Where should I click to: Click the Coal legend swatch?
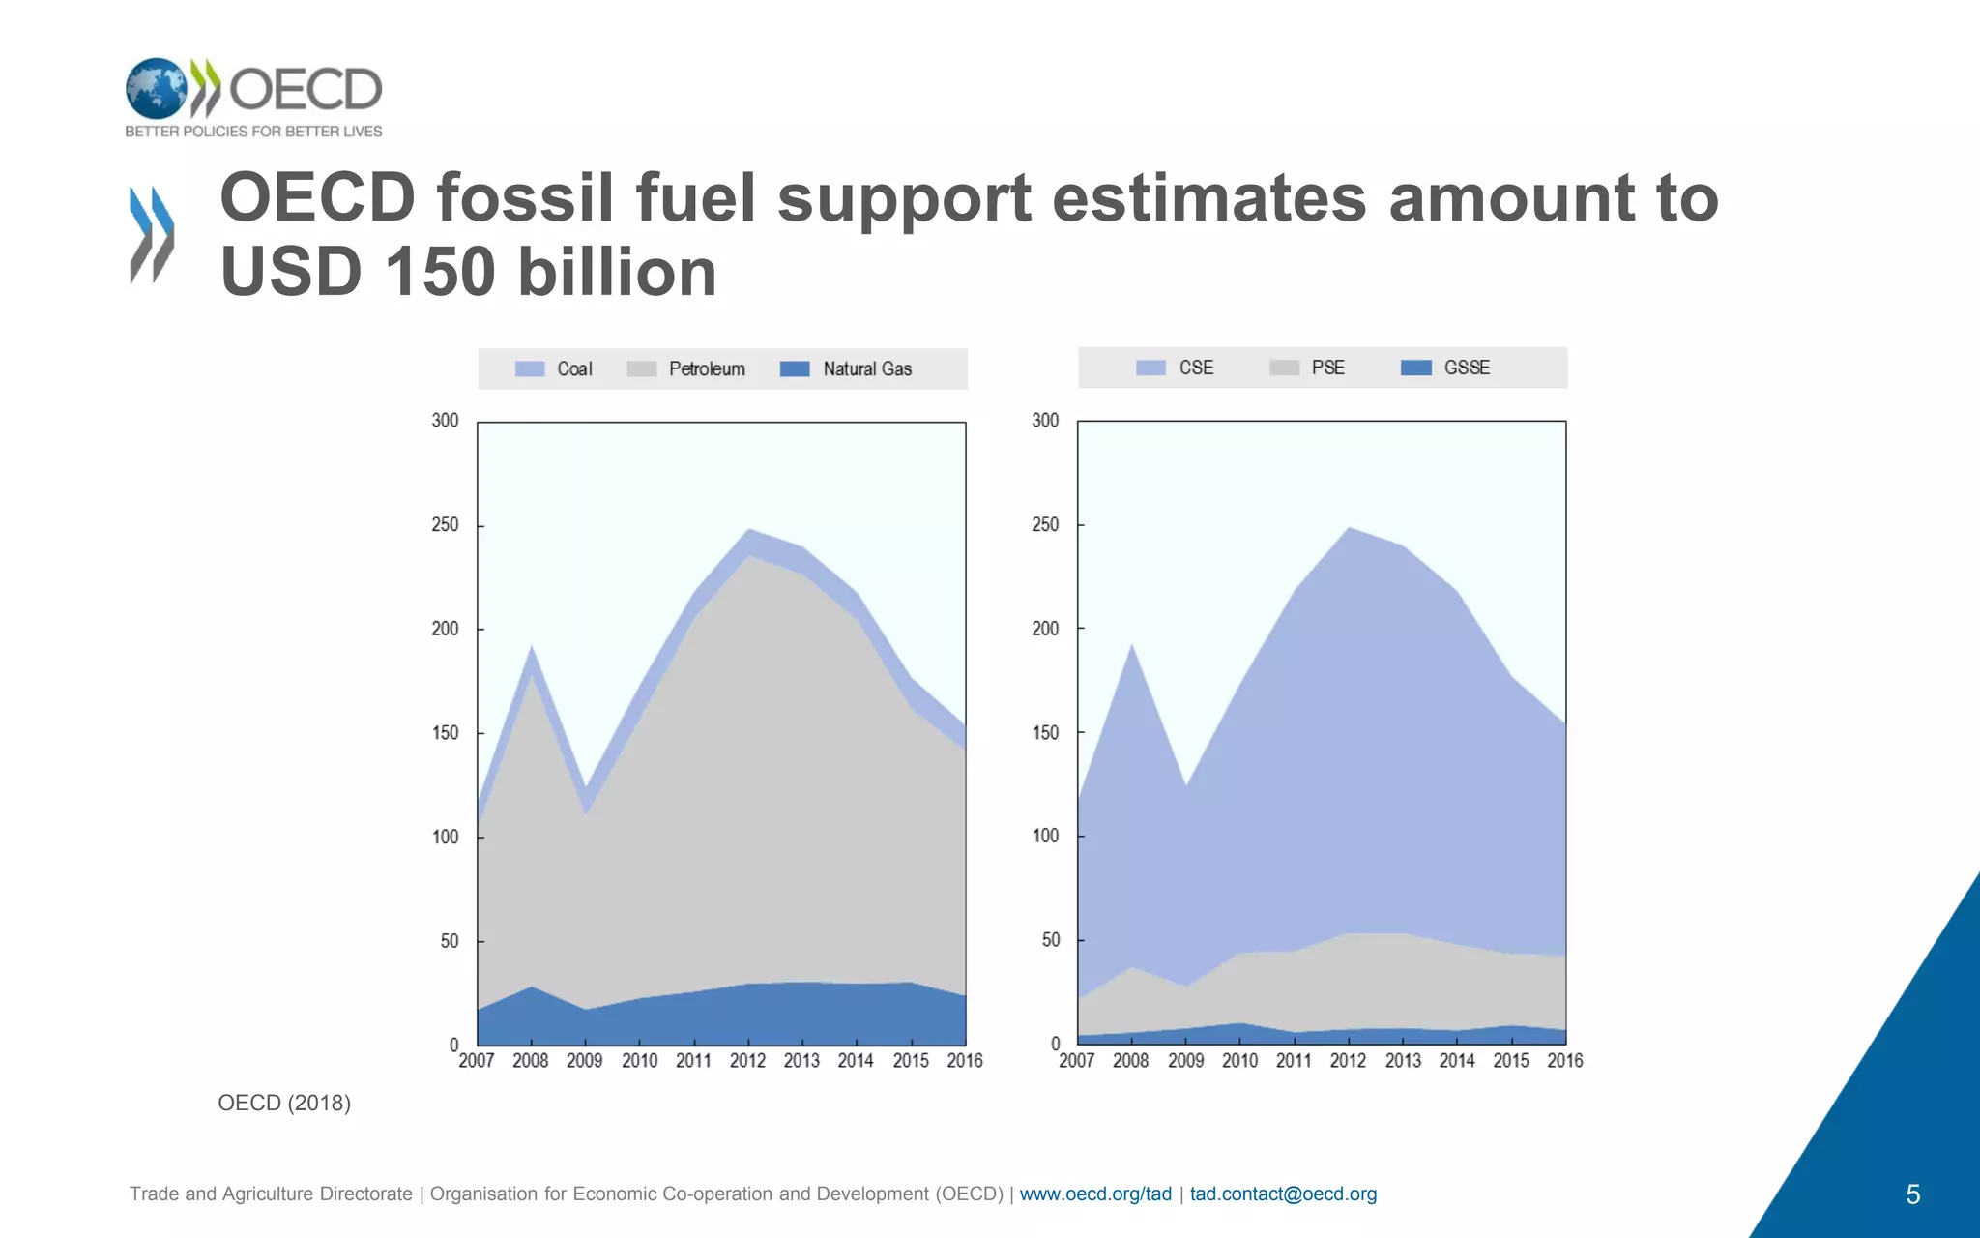point(530,369)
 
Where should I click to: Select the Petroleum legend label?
point(707,369)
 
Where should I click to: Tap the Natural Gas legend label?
point(867,369)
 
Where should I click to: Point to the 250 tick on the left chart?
point(445,525)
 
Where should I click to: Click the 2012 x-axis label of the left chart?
point(747,1061)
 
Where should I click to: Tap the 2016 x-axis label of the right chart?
point(1564,1061)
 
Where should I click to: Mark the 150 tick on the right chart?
point(1045,733)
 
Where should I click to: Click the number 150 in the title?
point(440,272)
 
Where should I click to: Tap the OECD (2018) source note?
point(284,1104)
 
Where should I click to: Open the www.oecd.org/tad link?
point(1095,1194)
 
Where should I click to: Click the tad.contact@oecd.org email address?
point(1283,1194)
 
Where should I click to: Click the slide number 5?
point(1912,1195)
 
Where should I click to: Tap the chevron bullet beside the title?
point(152,235)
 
